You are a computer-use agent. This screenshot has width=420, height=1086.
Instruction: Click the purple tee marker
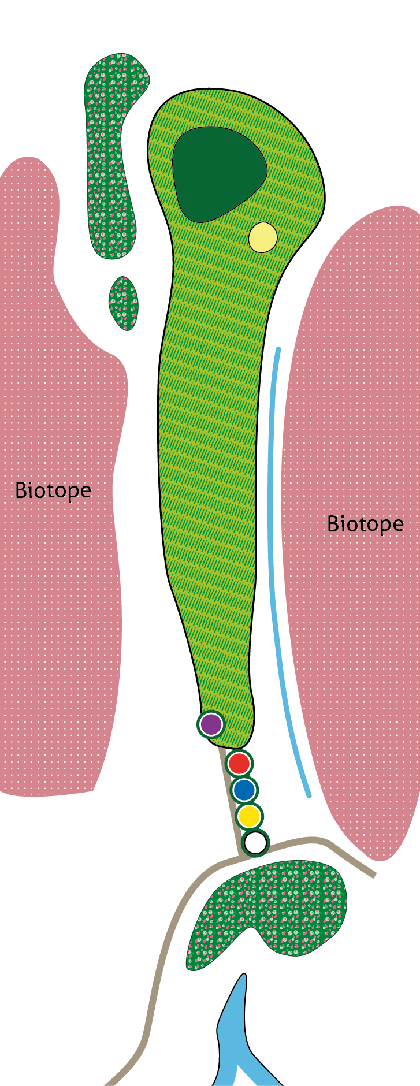211,724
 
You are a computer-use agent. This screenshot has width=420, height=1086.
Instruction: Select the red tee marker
239,764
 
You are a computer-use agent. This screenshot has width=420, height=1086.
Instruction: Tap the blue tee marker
244,790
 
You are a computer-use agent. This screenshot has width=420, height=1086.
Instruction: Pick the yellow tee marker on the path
250,816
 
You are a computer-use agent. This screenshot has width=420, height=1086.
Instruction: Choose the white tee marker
255,843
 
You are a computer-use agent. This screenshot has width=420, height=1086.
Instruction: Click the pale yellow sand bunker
263,237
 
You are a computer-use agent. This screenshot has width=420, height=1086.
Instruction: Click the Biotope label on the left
53,490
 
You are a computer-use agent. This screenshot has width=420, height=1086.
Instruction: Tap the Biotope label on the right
365,524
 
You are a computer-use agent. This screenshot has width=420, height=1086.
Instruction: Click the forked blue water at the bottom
234,1034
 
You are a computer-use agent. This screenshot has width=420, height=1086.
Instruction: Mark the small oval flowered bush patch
124,303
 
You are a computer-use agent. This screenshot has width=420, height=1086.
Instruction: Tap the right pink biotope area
358,635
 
